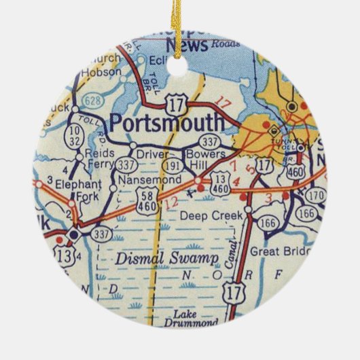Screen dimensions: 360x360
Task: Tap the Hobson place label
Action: pos(103,71)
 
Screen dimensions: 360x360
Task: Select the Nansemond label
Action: pos(149,180)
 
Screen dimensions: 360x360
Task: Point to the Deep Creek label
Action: pos(208,215)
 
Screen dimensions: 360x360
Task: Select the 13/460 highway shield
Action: pos(218,190)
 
